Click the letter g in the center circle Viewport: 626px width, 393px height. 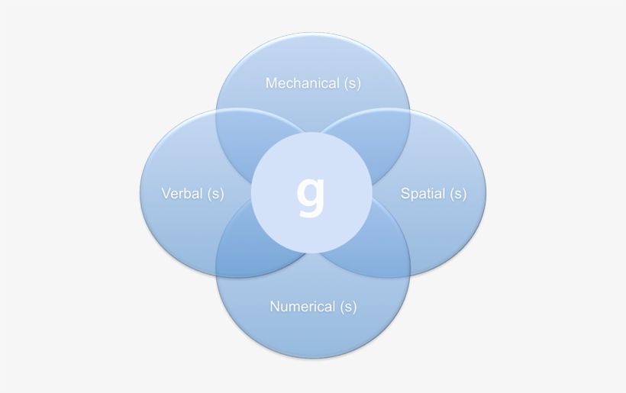(x=311, y=197)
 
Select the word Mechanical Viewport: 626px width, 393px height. (x=302, y=83)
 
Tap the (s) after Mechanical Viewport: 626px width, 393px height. (x=352, y=83)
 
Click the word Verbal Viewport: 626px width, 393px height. (x=182, y=193)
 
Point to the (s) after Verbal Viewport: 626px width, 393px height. (x=215, y=194)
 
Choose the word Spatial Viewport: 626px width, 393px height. (x=423, y=194)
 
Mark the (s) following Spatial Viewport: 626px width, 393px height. (x=458, y=194)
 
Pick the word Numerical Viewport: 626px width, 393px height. (x=302, y=307)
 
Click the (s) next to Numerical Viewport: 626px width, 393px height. (x=348, y=307)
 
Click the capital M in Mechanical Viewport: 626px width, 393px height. (x=271, y=83)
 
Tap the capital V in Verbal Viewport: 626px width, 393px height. (x=166, y=193)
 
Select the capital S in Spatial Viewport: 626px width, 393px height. (x=405, y=193)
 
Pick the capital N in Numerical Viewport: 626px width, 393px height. (x=275, y=307)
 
